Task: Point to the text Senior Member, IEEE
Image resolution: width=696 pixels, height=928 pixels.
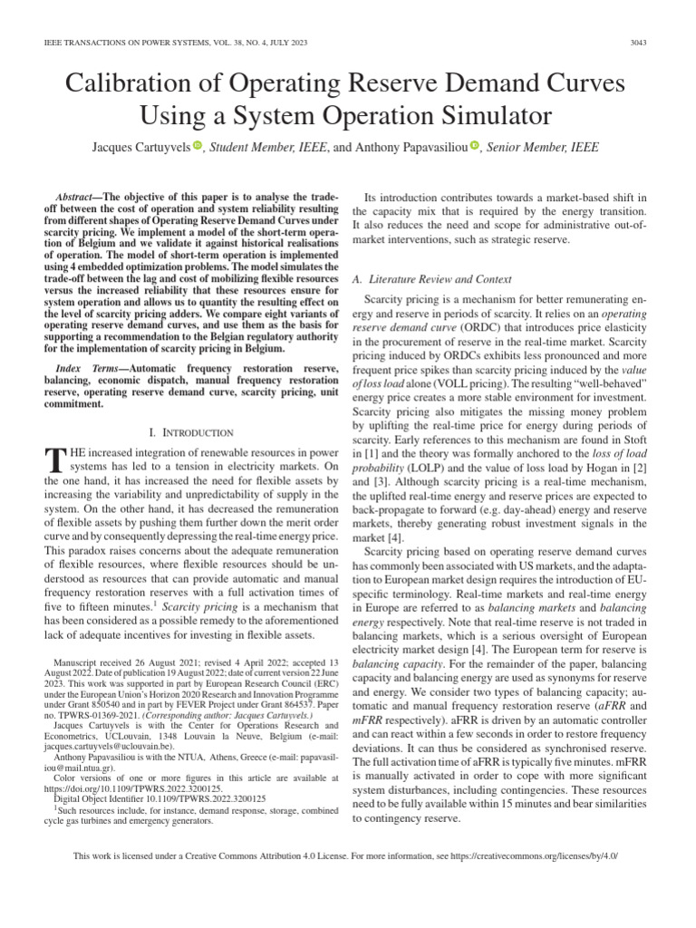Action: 542,147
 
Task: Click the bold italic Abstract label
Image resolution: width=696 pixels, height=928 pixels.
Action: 75,197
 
